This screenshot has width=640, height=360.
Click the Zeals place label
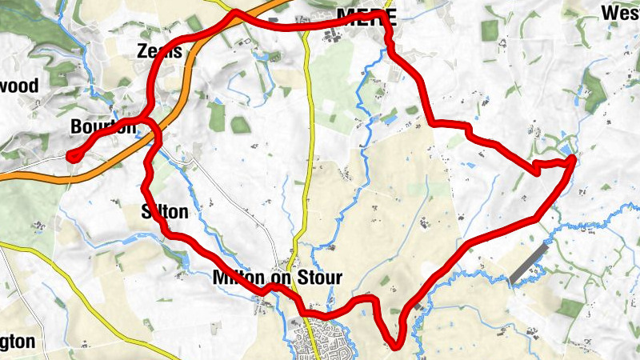click(161, 51)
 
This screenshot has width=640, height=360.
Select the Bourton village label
click(103, 126)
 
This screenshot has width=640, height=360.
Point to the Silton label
click(164, 212)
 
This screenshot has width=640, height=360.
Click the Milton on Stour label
click(278, 278)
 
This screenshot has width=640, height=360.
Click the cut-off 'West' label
click(621, 13)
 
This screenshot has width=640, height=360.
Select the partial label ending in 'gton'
click(17, 342)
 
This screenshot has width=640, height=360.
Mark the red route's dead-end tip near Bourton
click(71, 157)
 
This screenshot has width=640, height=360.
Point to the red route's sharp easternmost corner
click(574, 162)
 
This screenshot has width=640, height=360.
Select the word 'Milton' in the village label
click(237, 278)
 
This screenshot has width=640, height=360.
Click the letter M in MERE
click(346, 16)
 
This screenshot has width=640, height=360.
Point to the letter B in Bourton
click(77, 126)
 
